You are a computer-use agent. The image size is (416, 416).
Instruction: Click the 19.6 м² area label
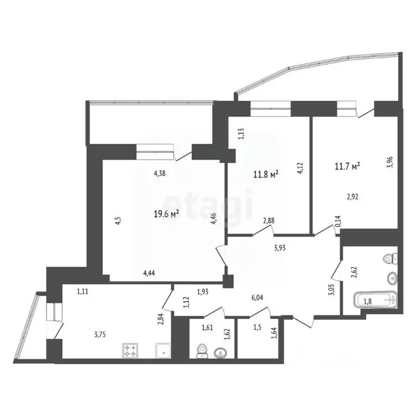(x=167, y=214)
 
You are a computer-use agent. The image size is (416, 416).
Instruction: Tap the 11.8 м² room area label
(x=266, y=174)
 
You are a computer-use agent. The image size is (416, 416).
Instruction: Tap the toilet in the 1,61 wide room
(x=201, y=351)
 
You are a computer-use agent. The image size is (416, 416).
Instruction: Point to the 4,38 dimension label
(x=159, y=173)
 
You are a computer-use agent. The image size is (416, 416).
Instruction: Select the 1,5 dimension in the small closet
(x=258, y=328)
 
